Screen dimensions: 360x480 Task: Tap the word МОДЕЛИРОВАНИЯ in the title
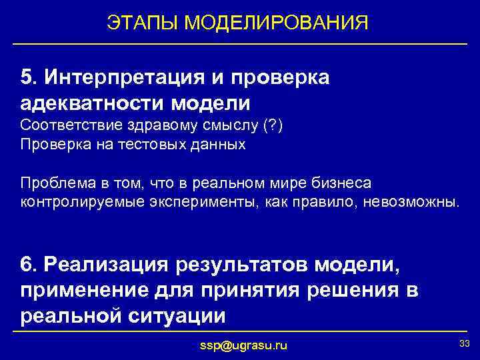point(277,23)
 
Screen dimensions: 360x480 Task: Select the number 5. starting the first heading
point(29,77)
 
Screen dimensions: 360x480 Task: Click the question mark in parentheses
point(274,126)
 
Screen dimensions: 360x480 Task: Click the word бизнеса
point(340,183)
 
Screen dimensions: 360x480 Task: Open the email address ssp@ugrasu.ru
point(244,345)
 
